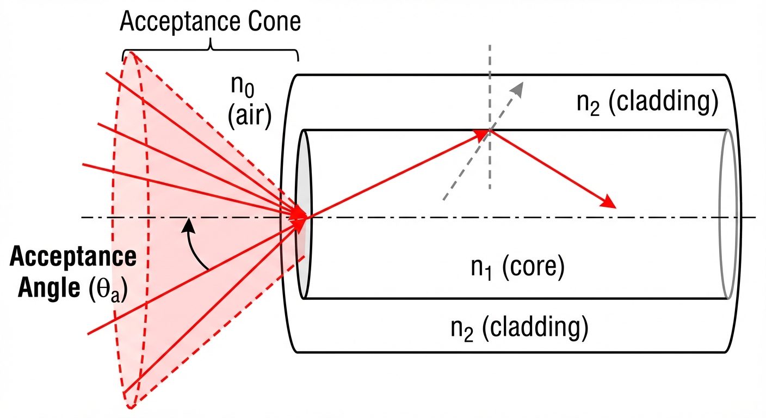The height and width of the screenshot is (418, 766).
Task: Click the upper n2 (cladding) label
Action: click(647, 103)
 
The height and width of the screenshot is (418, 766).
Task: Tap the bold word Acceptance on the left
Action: click(73, 256)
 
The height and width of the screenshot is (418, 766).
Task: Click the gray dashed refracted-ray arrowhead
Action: click(520, 87)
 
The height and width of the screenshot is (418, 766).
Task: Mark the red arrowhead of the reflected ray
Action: click(609, 204)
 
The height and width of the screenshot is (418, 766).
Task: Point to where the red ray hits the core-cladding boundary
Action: click(490, 130)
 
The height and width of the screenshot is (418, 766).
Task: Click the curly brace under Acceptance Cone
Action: click(211, 51)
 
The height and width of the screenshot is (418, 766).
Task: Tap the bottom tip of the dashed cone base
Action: click(131, 407)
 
